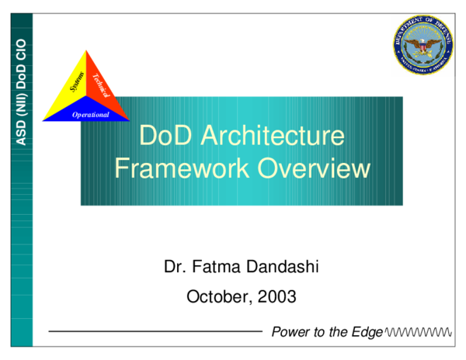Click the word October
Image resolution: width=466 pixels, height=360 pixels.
pyautogui.click(x=219, y=296)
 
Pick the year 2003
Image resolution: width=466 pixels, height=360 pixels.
pyautogui.click(x=277, y=296)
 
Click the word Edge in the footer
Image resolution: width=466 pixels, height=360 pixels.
pyautogui.click(x=367, y=332)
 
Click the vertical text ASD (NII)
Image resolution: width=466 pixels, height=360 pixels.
pyautogui.click(x=22, y=117)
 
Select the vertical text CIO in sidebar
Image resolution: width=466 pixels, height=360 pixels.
pyautogui.click(x=22, y=49)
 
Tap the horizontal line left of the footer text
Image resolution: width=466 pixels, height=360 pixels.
pyautogui.click(x=155, y=332)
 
